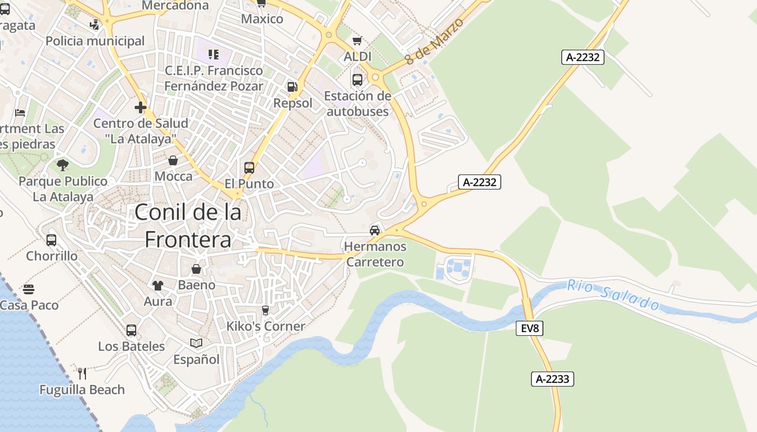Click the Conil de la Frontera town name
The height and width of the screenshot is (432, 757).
click(188, 226)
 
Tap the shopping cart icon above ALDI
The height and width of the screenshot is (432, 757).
click(357, 40)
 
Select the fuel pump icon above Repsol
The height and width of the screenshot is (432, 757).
click(292, 86)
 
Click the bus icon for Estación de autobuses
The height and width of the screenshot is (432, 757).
click(357, 80)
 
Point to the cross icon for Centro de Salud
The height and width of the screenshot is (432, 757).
click(141, 107)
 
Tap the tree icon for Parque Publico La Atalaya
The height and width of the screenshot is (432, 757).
click(63, 165)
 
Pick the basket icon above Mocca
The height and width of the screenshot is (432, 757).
click(173, 160)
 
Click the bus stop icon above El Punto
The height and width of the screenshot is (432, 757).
click(249, 168)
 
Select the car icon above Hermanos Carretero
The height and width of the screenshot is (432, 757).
click(374, 231)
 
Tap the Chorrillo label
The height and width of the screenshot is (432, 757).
click(52, 255)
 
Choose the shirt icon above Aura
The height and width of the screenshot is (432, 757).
click(157, 285)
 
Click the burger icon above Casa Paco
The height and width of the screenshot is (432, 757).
click(29, 289)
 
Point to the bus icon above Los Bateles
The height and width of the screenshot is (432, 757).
click(131, 330)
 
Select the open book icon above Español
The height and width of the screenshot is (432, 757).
click(196, 343)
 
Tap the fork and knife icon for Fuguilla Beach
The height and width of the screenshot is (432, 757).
click(82, 373)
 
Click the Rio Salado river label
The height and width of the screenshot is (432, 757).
click(613, 295)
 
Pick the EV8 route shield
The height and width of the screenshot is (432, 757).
click(529, 328)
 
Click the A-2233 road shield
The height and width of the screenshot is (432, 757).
click(552, 379)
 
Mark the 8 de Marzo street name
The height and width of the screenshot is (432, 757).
click(435, 42)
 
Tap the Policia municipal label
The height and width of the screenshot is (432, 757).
click(95, 41)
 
